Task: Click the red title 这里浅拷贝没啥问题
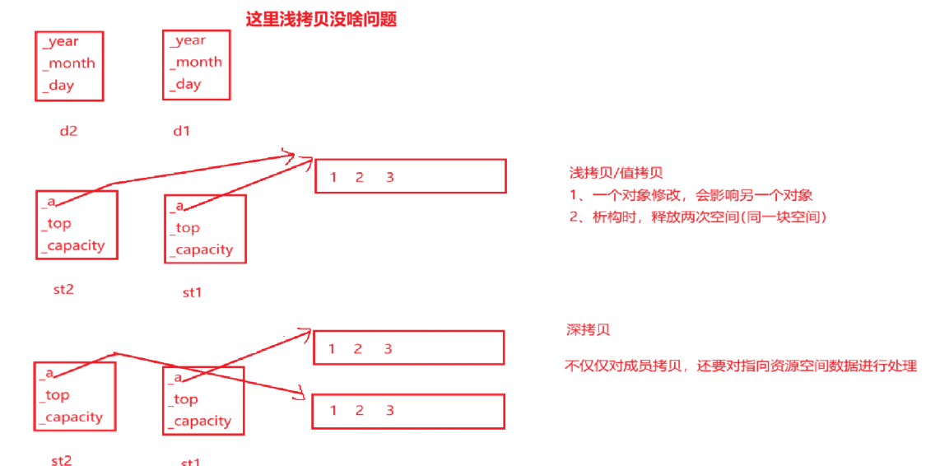pyautogui.click(x=321, y=19)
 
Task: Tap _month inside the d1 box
pyautogui.click(x=196, y=62)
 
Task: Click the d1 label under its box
pyautogui.click(x=181, y=130)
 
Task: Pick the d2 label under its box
pyautogui.click(x=67, y=130)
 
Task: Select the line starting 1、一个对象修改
pyautogui.click(x=691, y=195)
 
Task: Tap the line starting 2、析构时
pyautogui.click(x=697, y=217)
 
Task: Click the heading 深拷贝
pyautogui.click(x=588, y=330)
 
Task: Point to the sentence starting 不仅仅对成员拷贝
pyautogui.click(x=741, y=366)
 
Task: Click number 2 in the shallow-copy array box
pyautogui.click(x=360, y=177)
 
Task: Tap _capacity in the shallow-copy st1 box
pyautogui.click(x=202, y=249)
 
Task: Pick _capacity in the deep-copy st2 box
pyautogui.click(x=72, y=417)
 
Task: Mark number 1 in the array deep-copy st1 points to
pyautogui.click(x=332, y=349)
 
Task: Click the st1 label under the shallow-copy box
pyautogui.click(x=192, y=292)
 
